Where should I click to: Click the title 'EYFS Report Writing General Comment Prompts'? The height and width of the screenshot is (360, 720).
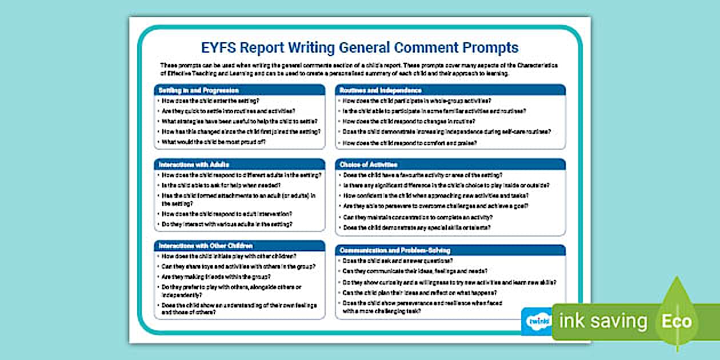click(x=359, y=47)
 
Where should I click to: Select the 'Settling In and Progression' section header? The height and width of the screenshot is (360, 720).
click(x=198, y=90)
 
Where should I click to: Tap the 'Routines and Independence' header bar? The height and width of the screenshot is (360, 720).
click(x=381, y=90)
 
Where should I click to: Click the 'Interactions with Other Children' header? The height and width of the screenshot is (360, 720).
click(x=205, y=246)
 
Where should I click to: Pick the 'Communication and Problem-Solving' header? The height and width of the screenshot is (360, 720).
click(x=395, y=250)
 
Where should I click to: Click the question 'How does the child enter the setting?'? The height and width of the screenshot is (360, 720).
click(x=210, y=101)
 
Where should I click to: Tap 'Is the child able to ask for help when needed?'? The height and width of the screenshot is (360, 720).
click(x=221, y=185)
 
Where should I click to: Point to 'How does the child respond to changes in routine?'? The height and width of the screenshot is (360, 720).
click(x=408, y=121)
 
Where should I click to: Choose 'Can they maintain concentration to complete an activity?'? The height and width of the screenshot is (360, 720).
click(x=418, y=217)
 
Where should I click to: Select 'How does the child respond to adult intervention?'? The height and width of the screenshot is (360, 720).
click(x=227, y=214)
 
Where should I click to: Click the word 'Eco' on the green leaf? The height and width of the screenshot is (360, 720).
click(x=677, y=321)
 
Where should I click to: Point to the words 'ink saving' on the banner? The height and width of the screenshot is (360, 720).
click(x=602, y=321)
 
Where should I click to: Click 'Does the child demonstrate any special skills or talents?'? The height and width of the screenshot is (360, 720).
click(x=417, y=227)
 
